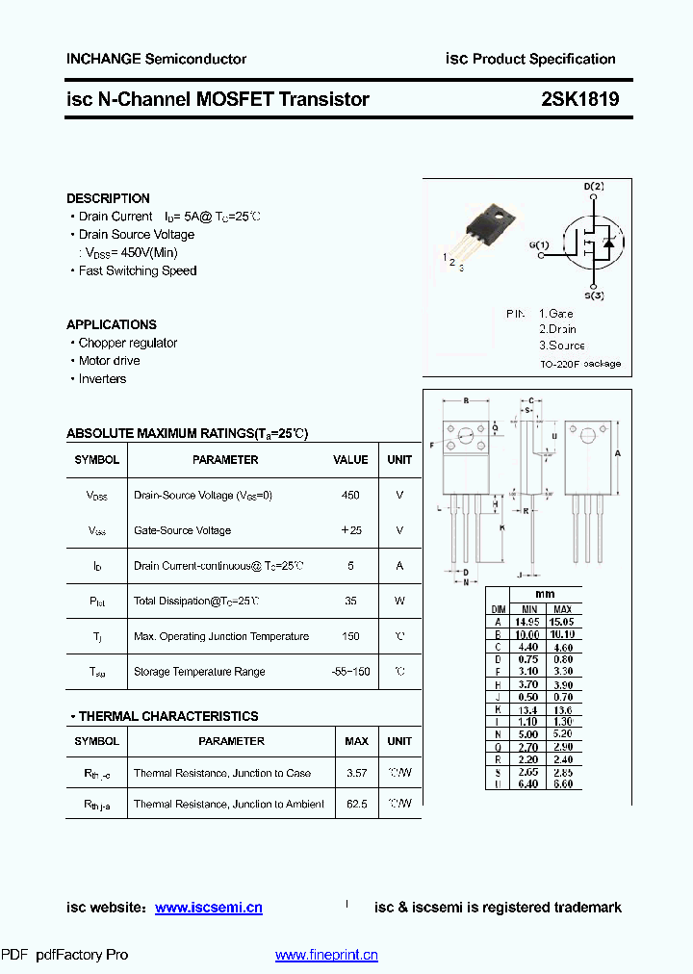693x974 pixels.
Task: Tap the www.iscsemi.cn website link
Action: pos(208,908)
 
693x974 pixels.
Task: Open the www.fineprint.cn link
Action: pos(326,955)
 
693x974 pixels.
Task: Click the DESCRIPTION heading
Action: pos(108,198)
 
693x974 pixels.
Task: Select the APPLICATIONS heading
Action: pos(112,324)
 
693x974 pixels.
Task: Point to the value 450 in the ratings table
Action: pos(350,495)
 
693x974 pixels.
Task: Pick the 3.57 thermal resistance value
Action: pos(356,773)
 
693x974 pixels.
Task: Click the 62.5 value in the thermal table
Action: pos(356,804)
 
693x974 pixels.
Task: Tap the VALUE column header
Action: pos(350,460)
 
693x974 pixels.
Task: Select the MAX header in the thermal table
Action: pos(356,741)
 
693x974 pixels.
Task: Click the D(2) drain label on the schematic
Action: pos(594,186)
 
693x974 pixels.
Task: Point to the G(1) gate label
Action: pos(539,244)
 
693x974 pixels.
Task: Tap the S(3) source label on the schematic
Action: pos(594,295)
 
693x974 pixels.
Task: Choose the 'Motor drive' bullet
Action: pos(109,361)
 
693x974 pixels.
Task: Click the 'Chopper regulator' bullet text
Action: pos(128,343)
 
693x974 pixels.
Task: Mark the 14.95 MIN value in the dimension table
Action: pos(529,622)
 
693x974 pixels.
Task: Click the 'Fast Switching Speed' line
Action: pos(137,270)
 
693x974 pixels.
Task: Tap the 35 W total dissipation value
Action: pos(350,601)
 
